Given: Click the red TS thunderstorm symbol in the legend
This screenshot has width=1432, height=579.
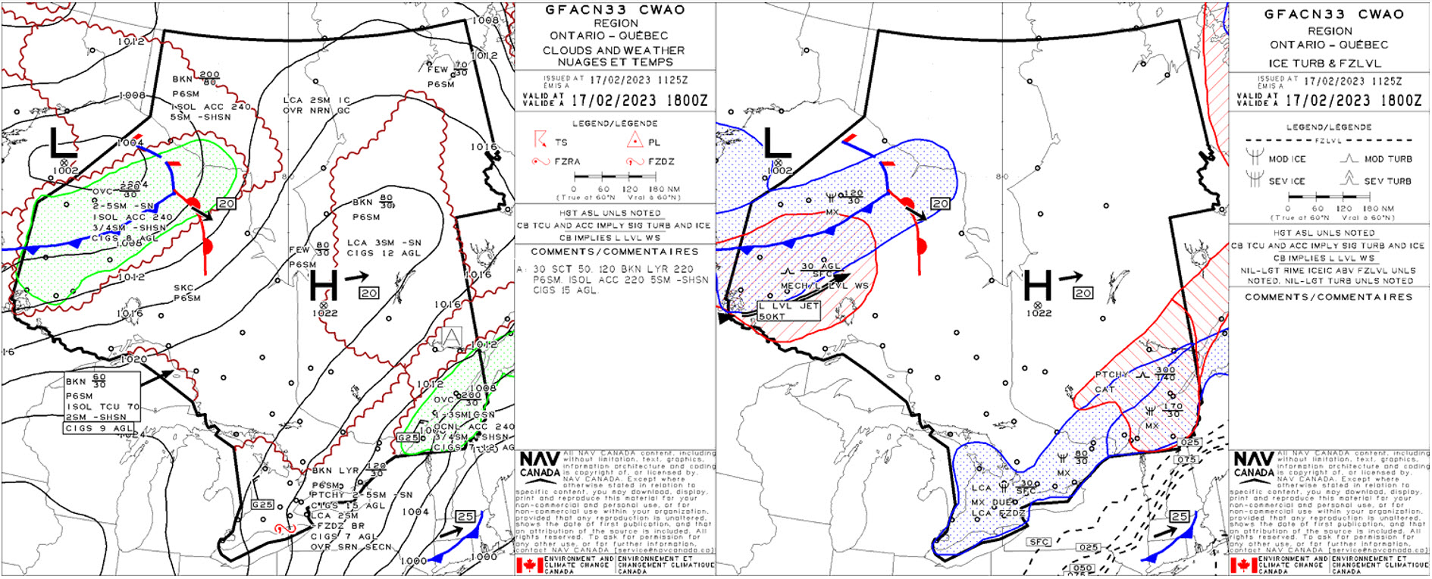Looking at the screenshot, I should click(540, 140).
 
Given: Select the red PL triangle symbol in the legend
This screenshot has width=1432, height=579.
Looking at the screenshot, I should click(635, 139).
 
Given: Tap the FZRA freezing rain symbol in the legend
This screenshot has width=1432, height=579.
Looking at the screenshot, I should click(540, 161).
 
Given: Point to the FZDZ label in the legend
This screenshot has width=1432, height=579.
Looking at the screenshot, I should click(660, 161).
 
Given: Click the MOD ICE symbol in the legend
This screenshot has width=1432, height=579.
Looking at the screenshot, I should click(1255, 157).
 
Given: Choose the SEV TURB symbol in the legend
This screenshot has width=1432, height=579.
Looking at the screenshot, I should click(1348, 179).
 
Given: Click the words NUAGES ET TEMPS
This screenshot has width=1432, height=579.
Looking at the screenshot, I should click(615, 62).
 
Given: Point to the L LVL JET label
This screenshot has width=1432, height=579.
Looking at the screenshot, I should click(788, 306).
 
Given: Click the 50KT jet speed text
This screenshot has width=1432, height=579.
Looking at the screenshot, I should click(772, 316).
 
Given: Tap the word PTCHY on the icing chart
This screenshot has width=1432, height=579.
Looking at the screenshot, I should click(1111, 375).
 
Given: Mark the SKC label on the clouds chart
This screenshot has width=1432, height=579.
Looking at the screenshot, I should click(183, 288).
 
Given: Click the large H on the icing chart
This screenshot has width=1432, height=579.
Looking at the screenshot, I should click(1038, 286).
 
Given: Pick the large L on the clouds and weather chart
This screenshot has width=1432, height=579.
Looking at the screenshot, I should click(63, 142).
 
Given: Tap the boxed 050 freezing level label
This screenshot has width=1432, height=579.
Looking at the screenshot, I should click(1083, 568).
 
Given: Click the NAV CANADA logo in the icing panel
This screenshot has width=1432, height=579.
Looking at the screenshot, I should click(1254, 464).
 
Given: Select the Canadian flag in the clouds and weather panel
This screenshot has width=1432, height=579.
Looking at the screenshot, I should click(529, 565).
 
